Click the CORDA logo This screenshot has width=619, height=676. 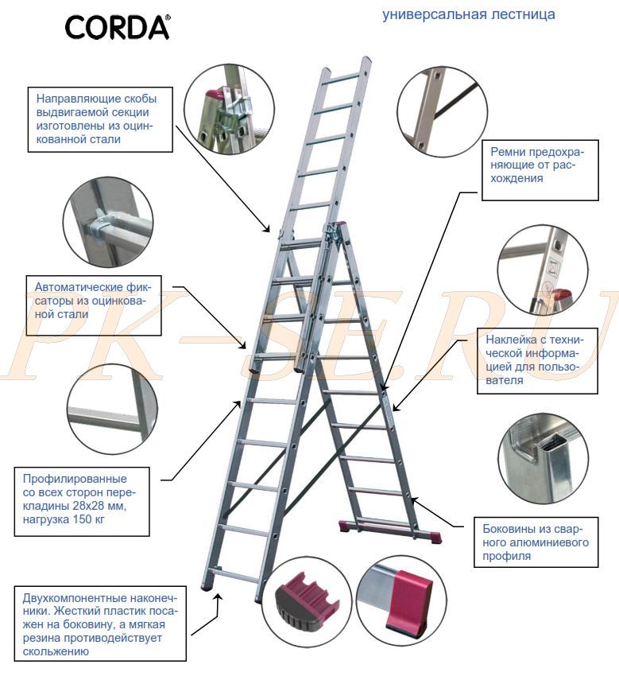tap(118, 27)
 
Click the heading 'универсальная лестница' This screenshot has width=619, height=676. tap(469, 14)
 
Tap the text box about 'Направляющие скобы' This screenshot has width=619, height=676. tap(100, 119)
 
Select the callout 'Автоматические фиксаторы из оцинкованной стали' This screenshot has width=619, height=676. tap(94, 305)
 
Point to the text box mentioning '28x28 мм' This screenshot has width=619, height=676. tap(82, 502)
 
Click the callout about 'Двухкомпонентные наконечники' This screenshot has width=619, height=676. tap(100, 624)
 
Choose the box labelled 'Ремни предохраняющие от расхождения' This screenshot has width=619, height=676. tap(540, 170)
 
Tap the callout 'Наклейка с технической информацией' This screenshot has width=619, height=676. tap(538, 361)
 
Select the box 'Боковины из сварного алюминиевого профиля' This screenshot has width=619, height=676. tap(536, 542)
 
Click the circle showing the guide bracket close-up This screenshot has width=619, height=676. tap(229, 110)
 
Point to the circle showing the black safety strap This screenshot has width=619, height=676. tap(442, 111)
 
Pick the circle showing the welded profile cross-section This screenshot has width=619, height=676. tap(544, 459)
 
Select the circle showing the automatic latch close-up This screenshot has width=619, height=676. tap(108, 223)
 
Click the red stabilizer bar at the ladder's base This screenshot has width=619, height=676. tap(390, 530)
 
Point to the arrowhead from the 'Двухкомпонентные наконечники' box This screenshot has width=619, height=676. tap(218, 596)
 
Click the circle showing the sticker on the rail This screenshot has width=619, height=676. tap(544, 270)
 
